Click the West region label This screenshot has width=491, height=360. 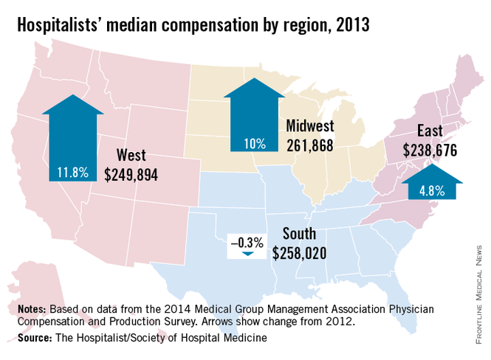pyautogui.click(x=131, y=156)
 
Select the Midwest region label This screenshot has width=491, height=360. pyautogui.click(x=310, y=126)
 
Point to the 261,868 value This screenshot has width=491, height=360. pyautogui.click(x=309, y=145)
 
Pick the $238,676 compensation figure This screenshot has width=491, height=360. pyautogui.click(x=430, y=150)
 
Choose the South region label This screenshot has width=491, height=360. pyautogui.click(x=299, y=235)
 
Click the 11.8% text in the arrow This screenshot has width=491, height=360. pyautogui.click(x=72, y=173)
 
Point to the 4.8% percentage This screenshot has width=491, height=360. pyautogui.click(x=432, y=190)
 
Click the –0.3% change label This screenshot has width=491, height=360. pyautogui.click(x=245, y=242)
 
